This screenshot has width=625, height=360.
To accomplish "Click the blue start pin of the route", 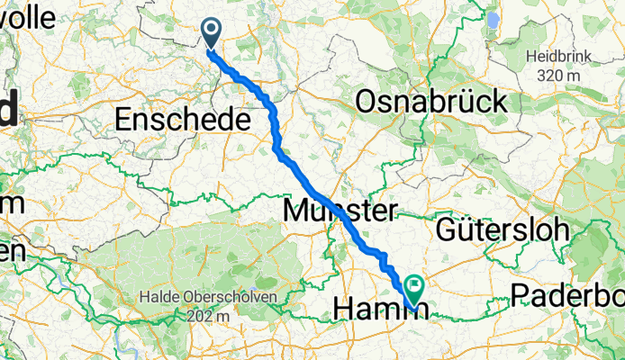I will click(212, 33).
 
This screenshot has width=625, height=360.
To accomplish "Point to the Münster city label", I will click(340, 212).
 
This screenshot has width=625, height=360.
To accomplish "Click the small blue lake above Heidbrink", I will click(493, 20).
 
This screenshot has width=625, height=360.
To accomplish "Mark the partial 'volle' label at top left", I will click(27, 16).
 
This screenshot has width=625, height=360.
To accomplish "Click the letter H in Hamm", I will click(343, 310).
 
